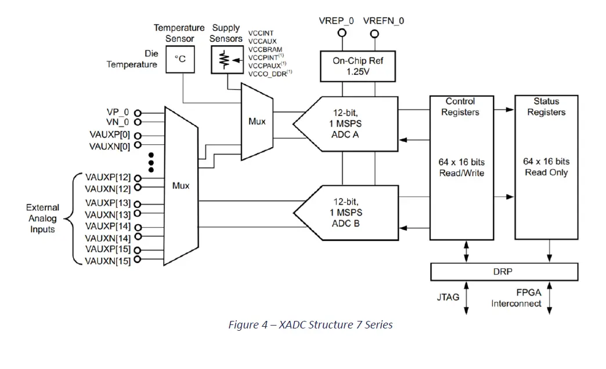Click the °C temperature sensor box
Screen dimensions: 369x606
coord(181,60)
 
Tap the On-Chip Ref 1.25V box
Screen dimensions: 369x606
coord(358,65)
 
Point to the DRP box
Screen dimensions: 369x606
coord(504,272)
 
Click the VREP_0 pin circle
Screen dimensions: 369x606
coord(342,33)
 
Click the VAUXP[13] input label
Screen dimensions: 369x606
coord(107,203)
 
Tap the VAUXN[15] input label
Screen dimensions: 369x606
coord(107,261)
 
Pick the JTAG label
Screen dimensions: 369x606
coord(448,297)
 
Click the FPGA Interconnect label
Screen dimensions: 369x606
coord(516,298)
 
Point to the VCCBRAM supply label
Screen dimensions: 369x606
coord(266,49)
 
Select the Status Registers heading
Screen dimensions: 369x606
coord(546,107)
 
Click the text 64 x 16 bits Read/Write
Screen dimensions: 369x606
coord(461,167)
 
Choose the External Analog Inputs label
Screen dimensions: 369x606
coord(42,218)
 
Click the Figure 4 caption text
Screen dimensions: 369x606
coord(311,325)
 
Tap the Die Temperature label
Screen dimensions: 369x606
coord(132,59)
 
